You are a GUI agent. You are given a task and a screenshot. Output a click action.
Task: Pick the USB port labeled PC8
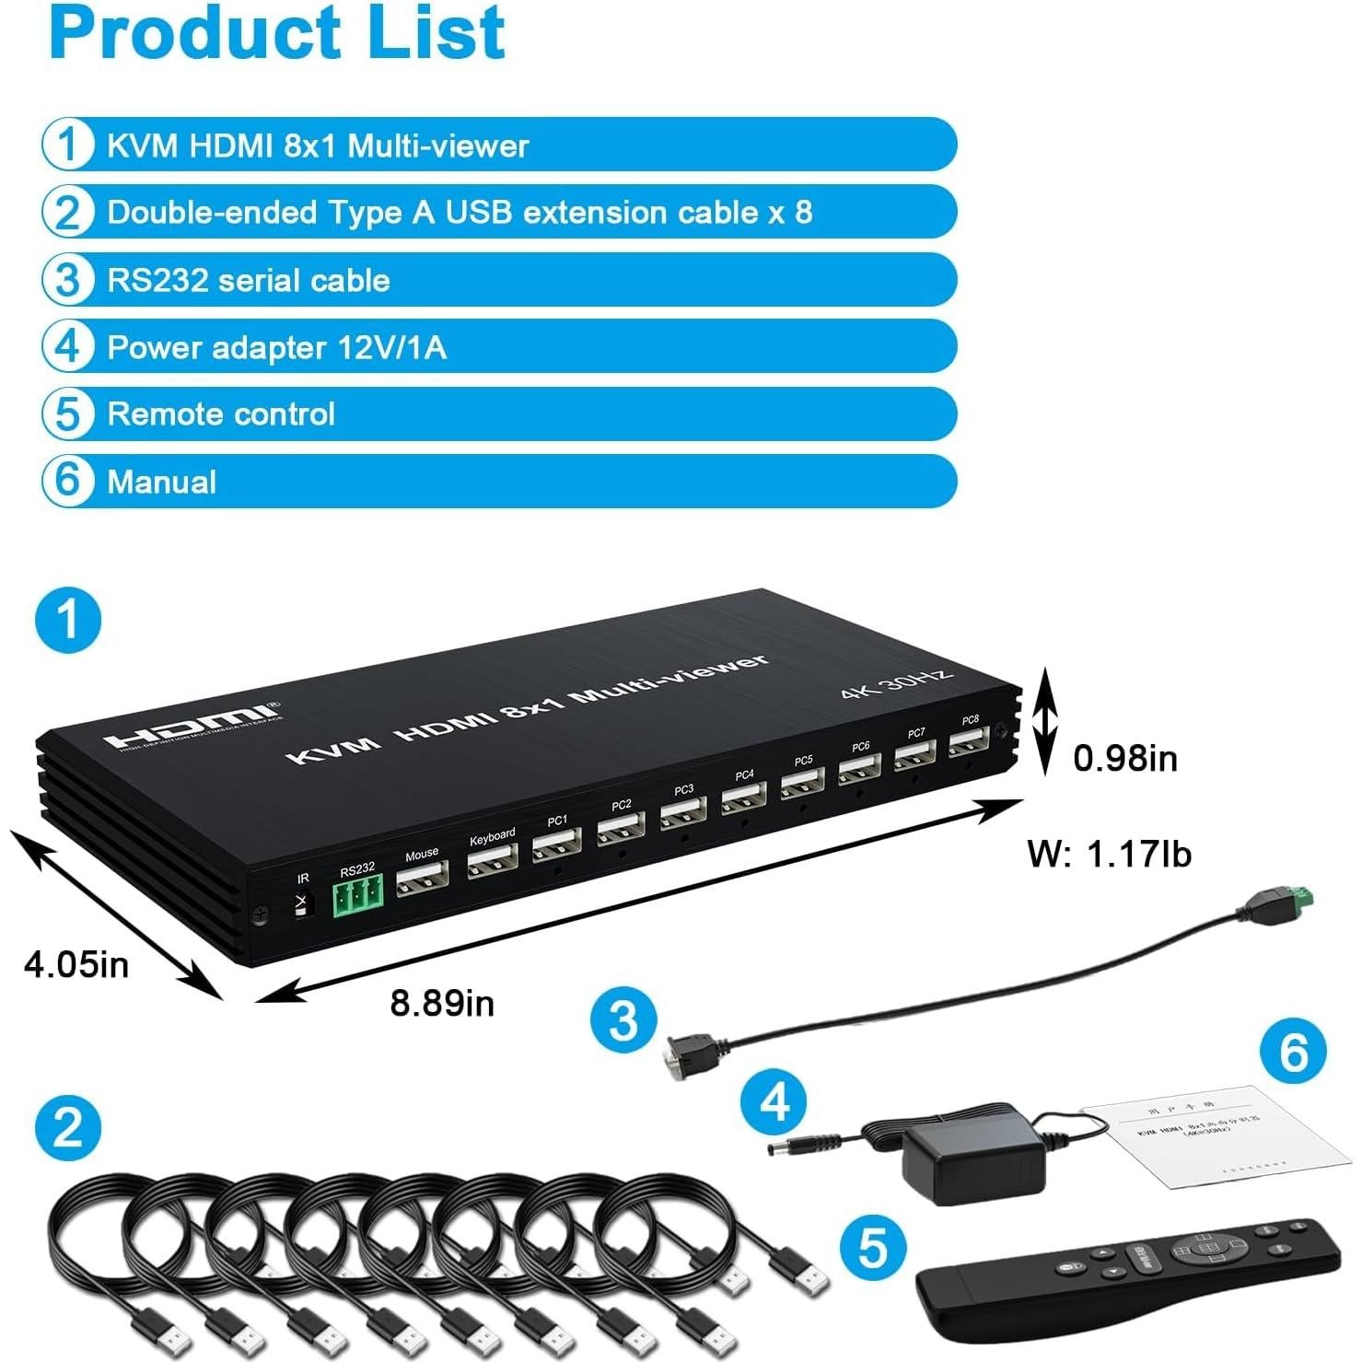(970, 741)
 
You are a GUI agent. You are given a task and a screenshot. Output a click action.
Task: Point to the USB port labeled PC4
(744, 797)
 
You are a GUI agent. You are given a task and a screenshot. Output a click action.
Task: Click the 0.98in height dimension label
(1124, 758)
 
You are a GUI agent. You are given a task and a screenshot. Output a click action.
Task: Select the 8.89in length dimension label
(442, 1002)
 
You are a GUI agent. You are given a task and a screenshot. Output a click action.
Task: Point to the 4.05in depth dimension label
(76, 964)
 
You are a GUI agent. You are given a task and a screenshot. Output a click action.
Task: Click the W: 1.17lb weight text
(1109, 854)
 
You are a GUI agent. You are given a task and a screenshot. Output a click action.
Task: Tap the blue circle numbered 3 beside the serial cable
(623, 1020)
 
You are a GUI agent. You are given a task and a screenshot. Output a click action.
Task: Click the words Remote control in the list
(221, 414)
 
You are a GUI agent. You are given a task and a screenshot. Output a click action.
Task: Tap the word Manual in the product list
(162, 482)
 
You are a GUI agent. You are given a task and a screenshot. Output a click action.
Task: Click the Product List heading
(276, 32)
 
